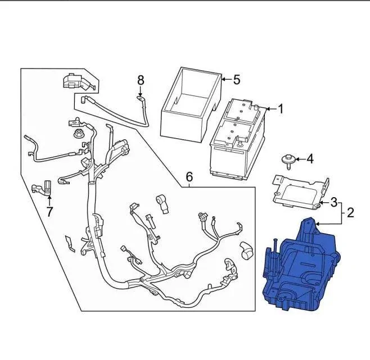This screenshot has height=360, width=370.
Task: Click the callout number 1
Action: [281, 109]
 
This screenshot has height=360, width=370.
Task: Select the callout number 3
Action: [333, 202]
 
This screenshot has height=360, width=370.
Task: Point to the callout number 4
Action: [309, 160]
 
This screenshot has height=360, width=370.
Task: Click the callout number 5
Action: [236, 80]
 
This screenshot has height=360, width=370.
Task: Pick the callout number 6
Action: [189, 179]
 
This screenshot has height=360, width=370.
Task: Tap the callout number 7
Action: [49, 212]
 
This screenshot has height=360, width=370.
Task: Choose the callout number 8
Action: [141, 80]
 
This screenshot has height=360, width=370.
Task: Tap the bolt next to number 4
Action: [290, 161]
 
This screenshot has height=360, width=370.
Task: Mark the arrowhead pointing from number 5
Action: [223, 80]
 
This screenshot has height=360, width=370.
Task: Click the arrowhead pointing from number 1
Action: [267, 108]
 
